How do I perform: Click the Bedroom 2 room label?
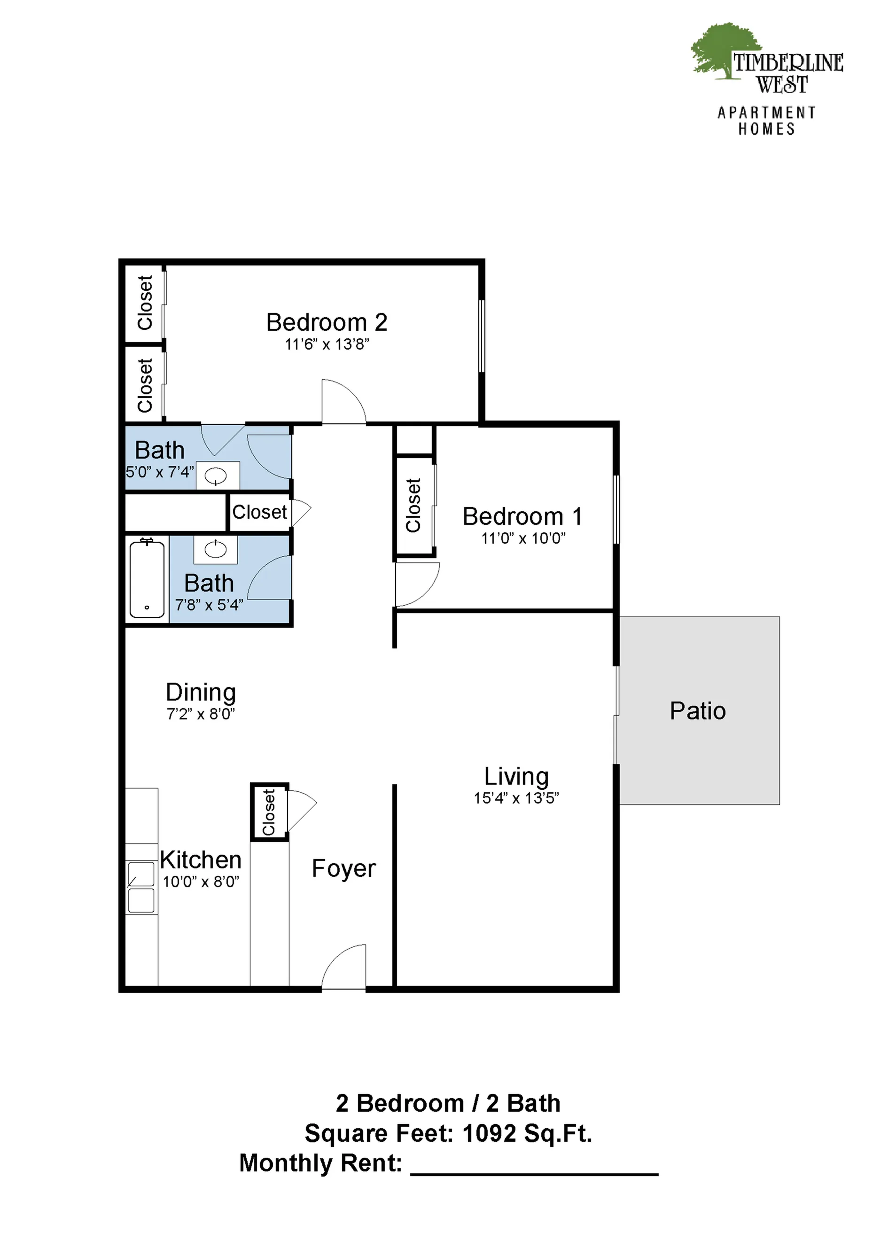pyautogui.click(x=327, y=322)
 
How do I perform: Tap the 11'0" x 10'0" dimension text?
pyautogui.click(x=523, y=538)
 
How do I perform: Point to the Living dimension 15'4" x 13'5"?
pyautogui.click(x=516, y=798)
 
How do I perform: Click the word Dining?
pyautogui.click(x=201, y=693)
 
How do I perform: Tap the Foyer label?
pyautogui.click(x=343, y=868)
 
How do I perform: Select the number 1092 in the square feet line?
pyautogui.click(x=489, y=1129)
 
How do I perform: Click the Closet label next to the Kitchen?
pyautogui.click(x=269, y=812)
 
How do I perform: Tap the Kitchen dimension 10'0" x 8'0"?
pyautogui.click(x=201, y=882)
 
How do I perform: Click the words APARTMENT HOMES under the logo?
pyautogui.click(x=766, y=121)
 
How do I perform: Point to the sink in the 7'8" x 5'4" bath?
pyautogui.click(x=216, y=549)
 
